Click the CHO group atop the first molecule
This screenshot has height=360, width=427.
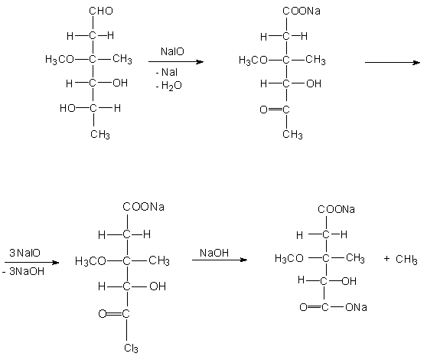101,11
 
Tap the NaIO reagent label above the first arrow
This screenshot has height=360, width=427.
172,51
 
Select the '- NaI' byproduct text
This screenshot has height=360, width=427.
166,72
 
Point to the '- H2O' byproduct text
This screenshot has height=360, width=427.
168,86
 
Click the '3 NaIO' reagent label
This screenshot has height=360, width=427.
24,253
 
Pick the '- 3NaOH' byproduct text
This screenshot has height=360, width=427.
23,271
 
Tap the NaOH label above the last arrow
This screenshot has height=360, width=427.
214,253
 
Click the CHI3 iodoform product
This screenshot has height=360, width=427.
406,259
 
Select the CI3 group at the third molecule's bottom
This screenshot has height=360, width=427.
131,349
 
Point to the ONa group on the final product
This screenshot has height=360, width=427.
356,307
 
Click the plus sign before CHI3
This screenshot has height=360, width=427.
386,258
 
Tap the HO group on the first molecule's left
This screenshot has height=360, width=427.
67,108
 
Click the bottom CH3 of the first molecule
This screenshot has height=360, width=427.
100,134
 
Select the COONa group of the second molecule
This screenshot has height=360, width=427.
302,11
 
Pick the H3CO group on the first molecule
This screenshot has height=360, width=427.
60,60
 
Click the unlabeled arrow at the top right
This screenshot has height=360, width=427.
393,62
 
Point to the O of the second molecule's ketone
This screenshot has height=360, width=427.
263,110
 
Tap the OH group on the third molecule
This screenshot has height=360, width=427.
158,286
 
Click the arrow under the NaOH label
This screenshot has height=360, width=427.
220,260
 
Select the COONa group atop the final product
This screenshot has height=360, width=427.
336,209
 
